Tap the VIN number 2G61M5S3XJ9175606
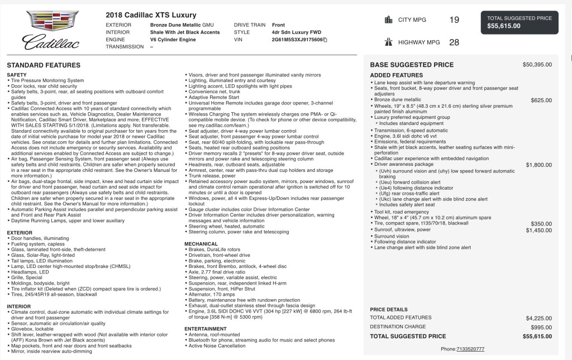(297, 40)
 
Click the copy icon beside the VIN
(325, 41)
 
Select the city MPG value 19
(454, 20)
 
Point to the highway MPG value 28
(454, 42)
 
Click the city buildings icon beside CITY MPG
(388, 20)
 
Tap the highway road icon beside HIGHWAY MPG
(388, 42)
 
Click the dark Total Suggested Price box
(520, 22)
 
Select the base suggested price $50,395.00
(537, 65)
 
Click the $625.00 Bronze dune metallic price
(541, 100)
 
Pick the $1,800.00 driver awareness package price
(538, 165)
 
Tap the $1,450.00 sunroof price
(538, 230)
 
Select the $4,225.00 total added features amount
(538, 318)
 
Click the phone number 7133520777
(470, 349)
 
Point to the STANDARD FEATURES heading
(44, 65)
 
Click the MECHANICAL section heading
(201, 244)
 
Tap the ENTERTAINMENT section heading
(206, 329)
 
